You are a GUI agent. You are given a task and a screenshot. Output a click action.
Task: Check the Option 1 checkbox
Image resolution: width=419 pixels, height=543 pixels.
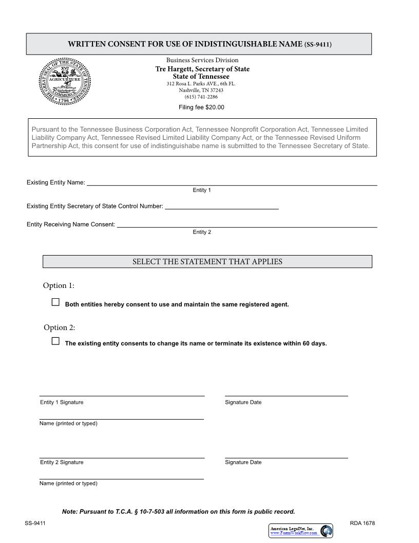55,302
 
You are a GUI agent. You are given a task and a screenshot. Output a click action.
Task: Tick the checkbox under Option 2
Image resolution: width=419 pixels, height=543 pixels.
55,341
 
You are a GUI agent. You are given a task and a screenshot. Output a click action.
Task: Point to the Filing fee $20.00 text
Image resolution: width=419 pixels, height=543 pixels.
201,107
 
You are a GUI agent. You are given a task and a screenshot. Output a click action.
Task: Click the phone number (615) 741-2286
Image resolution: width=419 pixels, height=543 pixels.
201,97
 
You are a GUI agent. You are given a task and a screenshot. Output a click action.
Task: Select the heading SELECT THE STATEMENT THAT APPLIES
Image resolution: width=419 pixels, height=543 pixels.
207,262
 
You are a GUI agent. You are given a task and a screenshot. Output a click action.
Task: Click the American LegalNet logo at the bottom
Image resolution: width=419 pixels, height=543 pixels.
300,531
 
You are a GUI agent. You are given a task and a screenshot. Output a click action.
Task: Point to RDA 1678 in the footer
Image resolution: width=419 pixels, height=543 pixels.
362,523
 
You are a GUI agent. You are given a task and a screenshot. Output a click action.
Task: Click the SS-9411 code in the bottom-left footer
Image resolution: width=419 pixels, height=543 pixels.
35,523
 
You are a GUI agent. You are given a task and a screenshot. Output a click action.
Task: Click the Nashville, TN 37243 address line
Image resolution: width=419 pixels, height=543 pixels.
201,90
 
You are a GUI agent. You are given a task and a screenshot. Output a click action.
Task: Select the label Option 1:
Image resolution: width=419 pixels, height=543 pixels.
59,285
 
